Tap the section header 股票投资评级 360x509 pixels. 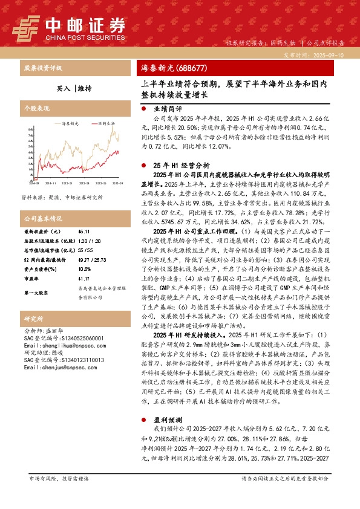42,68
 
